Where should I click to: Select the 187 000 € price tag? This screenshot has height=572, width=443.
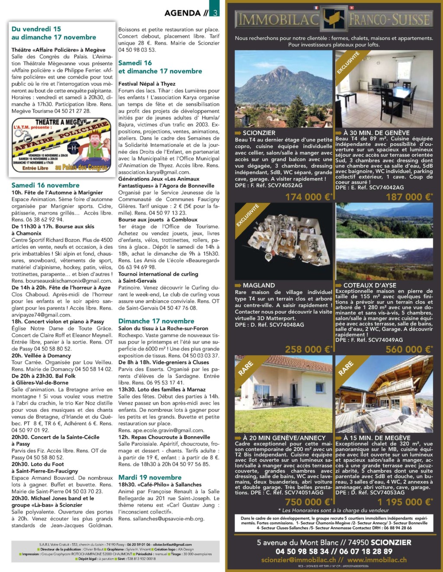408,197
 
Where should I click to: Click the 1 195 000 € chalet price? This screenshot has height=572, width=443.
404,502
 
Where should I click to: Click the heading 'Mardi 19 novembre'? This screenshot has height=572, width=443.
150,478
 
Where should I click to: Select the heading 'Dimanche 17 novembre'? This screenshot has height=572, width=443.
156,321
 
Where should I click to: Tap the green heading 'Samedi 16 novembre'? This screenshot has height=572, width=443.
45,185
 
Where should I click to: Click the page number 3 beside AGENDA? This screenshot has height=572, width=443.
215,13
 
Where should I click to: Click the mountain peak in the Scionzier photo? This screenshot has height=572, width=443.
282,69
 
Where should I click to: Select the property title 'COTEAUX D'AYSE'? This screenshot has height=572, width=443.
369,286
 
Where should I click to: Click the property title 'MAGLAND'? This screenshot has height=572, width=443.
259,286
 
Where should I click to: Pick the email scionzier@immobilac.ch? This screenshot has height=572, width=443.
298,560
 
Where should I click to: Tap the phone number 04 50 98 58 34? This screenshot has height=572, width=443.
302,551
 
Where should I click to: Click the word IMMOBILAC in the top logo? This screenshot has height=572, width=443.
277,19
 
